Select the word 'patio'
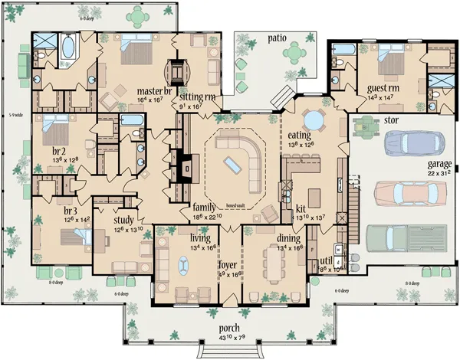tap(277, 36)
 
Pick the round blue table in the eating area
tap(314, 120)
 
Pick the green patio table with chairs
tap(294, 51)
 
